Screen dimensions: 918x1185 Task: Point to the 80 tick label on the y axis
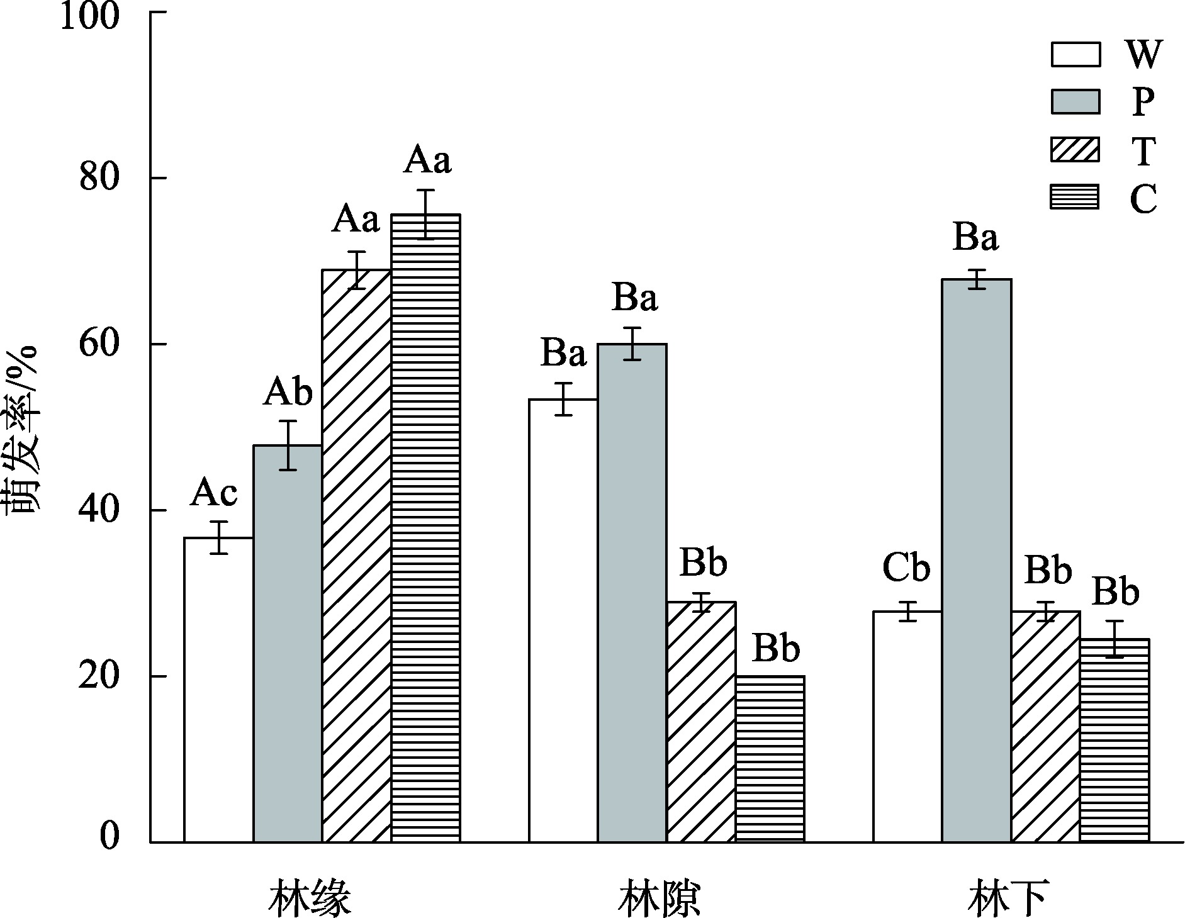click(99, 179)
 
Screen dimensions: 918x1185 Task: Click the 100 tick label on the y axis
click(90, 15)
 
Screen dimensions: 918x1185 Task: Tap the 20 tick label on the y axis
click(99, 676)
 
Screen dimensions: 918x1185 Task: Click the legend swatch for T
click(1075, 150)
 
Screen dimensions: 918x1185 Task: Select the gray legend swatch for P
click(1075, 101)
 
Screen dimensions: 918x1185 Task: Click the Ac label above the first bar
click(214, 493)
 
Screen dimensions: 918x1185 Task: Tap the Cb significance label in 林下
click(906, 568)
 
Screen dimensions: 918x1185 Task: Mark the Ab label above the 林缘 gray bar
click(288, 393)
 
